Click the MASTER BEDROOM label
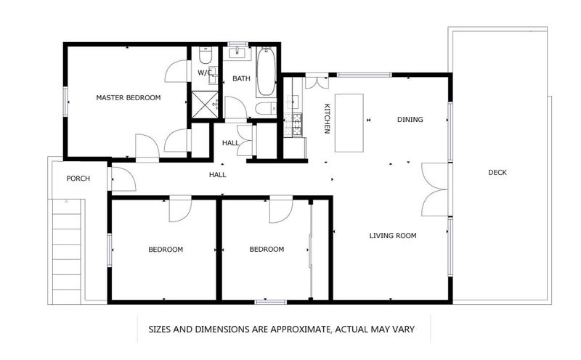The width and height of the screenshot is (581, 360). tap(129, 98)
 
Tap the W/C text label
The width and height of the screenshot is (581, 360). tap(205, 73)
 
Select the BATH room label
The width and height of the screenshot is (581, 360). tap(241, 78)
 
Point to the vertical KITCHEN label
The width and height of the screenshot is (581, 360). tap(328, 118)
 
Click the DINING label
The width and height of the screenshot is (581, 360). tap(410, 120)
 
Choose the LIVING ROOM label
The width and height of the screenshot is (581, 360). tap(393, 236)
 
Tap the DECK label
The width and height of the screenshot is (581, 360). tap(497, 172)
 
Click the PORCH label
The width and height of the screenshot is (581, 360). tap(78, 179)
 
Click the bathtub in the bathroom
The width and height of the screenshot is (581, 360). tap(266, 71)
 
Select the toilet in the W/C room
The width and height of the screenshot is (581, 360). tap(206, 55)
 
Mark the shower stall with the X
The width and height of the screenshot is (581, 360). tap(205, 105)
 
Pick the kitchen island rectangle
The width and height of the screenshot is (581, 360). tap(349, 123)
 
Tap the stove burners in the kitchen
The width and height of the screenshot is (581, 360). tap(293, 124)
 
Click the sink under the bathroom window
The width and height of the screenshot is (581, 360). tap(237, 53)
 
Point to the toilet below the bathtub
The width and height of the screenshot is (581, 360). tap(266, 108)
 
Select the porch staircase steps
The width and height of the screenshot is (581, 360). tap(67, 251)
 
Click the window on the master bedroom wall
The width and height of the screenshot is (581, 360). tap(65, 102)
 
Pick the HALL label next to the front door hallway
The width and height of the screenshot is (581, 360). tap(217, 175)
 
